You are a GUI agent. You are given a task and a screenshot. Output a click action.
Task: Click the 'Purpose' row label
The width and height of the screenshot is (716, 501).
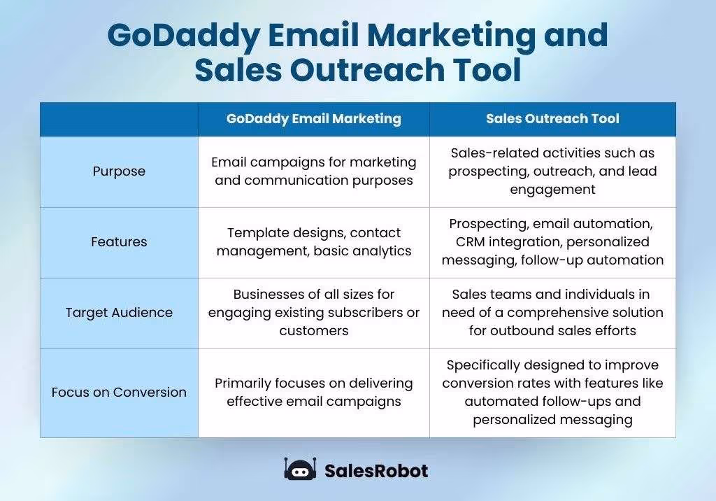coord(119,171)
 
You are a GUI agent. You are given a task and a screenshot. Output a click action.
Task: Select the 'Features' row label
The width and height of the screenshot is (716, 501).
coord(119,242)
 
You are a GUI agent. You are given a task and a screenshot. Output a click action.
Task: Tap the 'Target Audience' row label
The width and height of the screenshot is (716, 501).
coord(119,313)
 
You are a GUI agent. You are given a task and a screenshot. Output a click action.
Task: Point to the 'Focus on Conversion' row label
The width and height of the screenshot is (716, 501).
coord(119,392)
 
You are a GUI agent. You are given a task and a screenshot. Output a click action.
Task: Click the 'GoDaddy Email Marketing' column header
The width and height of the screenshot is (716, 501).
coord(313,119)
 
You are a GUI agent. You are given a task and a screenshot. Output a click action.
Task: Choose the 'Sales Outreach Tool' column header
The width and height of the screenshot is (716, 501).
coord(552,119)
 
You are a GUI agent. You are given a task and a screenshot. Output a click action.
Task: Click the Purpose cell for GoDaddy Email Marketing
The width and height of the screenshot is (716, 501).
coord(313,171)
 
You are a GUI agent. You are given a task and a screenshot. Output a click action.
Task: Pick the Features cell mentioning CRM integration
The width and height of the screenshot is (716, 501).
coord(552,242)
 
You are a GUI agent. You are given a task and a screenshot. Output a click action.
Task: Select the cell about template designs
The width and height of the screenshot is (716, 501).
coord(313,242)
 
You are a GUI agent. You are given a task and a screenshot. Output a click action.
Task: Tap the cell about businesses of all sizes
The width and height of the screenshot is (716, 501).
coord(313,313)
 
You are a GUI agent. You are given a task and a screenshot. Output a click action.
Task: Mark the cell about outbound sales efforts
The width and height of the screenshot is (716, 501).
coord(552,313)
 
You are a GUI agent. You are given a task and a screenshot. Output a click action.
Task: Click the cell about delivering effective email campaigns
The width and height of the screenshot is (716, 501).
coord(313,392)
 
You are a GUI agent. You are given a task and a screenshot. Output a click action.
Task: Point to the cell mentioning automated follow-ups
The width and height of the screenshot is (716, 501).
coord(552,392)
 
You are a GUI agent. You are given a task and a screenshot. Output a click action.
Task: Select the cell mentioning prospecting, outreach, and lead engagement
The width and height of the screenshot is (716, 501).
coord(552,171)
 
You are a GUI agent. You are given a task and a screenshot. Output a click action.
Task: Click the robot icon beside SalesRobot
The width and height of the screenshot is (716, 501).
coord(300,470)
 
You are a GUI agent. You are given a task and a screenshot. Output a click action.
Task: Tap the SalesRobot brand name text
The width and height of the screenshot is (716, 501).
coord(375,471)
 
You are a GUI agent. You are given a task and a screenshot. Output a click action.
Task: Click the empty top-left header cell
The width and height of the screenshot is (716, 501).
coord(119,119)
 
